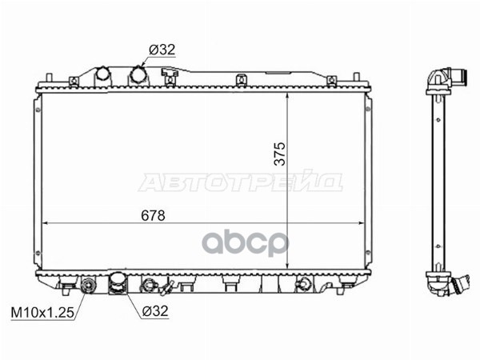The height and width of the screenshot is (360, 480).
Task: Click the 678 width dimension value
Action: click(x=153, y=216)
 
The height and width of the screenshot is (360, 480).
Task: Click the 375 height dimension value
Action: click(x=279, y=154)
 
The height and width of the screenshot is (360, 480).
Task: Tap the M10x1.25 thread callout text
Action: click(x=42, y=313)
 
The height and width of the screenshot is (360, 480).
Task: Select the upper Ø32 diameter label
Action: click(x=162, y=50)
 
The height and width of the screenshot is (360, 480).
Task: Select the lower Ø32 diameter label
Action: click(x=155, y=311)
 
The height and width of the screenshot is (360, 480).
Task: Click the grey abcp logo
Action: click(x=246, y=242)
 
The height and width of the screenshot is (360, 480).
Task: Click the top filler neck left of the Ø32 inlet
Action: click(x=102, y=75)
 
